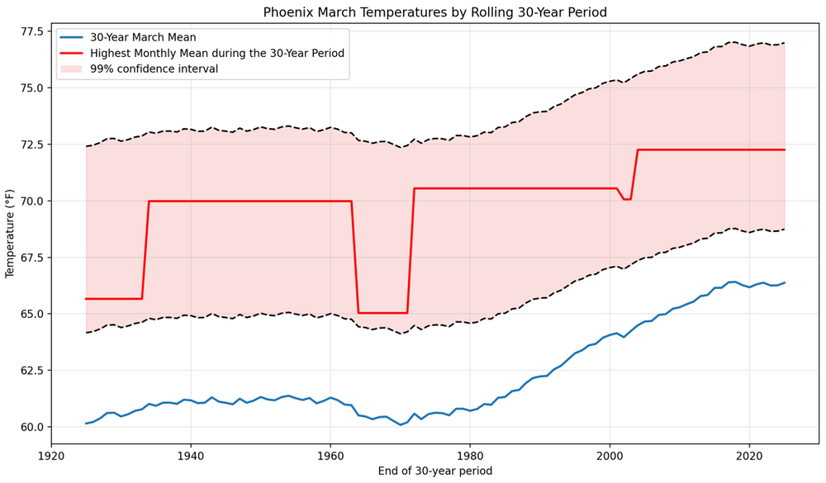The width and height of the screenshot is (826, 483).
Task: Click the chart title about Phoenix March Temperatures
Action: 434,12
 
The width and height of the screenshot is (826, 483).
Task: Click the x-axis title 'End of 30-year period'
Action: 434,471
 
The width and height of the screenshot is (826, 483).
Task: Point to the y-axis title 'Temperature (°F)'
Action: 11,234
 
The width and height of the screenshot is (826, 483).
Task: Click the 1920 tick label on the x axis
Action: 51,455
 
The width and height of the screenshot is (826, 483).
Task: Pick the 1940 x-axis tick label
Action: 191,455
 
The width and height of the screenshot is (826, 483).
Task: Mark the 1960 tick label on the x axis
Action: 330,455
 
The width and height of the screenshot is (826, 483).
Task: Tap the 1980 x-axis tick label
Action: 470,455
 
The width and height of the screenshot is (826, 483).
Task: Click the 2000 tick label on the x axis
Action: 610,455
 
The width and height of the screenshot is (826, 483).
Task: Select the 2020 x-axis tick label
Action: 749,455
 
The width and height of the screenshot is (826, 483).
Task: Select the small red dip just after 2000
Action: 627,198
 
